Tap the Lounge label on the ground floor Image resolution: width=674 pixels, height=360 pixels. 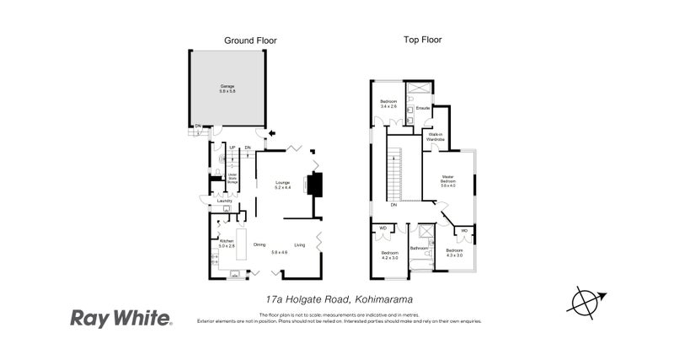pos(281,184)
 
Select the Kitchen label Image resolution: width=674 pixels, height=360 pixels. pos(226,242)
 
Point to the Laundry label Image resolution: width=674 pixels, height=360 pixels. pos(224,201)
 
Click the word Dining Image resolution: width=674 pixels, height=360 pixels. pos(259,244)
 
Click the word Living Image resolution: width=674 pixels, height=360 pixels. pos(299,244)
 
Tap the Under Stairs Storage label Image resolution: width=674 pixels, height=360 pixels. pos(233,178)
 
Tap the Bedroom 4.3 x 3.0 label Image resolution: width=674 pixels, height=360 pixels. pos(454,252)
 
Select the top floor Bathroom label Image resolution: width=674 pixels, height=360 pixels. pos(420,249)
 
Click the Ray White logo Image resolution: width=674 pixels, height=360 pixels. pos(120,318)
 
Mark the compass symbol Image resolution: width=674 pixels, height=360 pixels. pos(581,302)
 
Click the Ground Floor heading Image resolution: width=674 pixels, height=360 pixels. pos(250,40)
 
